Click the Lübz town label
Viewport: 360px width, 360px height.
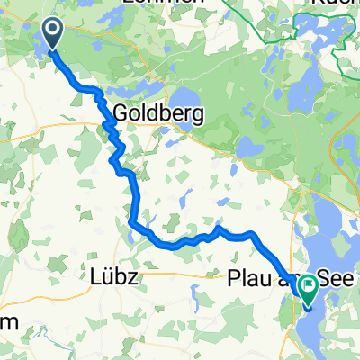(x=114, y=277)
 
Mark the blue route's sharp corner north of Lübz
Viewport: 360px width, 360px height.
(x=131, y=221)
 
